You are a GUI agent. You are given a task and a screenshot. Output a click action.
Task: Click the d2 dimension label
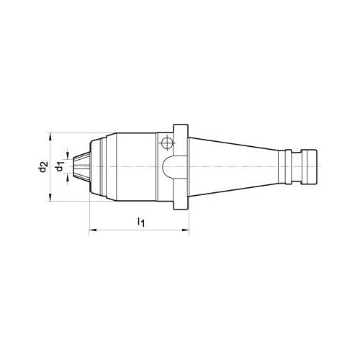(43, 167)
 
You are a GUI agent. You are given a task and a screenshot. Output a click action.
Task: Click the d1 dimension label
(60, 166)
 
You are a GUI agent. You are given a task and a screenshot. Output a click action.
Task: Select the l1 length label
(141, 222)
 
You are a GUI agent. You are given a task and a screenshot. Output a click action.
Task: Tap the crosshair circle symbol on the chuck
(167, 143)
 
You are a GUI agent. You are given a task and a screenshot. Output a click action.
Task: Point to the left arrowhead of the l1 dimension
(92, 230)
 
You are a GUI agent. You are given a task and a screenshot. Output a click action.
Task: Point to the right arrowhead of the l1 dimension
(186, 230)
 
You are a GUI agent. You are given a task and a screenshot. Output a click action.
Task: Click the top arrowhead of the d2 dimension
(50, 136)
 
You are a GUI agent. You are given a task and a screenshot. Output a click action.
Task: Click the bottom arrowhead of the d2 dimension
(50, 197)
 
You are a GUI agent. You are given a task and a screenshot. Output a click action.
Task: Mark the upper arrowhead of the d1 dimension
(68, 156)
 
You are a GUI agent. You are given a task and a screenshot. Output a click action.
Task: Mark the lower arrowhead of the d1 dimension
(68, 178)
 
